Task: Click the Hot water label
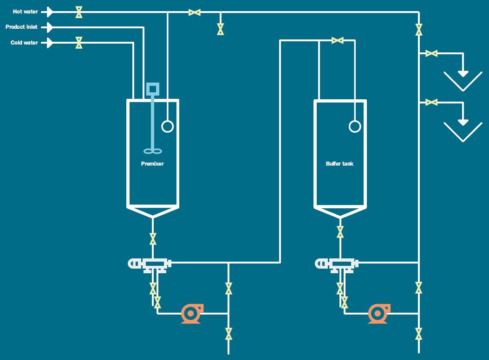26,12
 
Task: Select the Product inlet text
21,27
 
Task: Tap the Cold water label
24,43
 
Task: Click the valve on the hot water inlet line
79,12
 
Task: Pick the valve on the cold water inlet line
79,43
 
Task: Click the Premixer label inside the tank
152,164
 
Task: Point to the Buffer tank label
339,164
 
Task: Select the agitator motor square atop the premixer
153,89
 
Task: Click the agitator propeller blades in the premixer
153,151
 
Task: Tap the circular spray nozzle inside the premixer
167,126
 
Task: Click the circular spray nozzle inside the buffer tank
355,126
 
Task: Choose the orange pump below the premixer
191,314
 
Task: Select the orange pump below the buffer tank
378,314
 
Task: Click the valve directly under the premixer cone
153,239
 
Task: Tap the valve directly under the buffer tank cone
340,231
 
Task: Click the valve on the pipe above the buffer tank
338,41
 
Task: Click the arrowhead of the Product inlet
50,27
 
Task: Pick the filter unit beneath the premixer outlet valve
150,264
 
